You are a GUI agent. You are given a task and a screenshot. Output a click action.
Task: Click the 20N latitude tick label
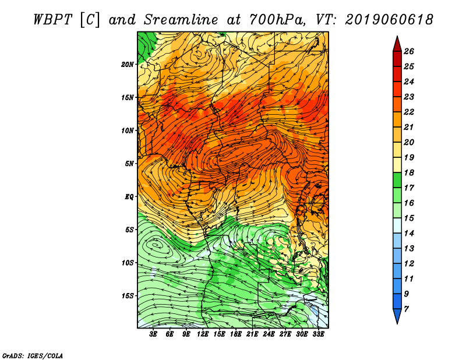[127, 65]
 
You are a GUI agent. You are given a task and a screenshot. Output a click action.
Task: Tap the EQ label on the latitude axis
[129, 197]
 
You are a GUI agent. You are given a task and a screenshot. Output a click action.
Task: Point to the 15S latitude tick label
[127, 296]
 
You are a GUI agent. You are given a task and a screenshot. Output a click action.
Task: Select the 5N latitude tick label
[129, 164]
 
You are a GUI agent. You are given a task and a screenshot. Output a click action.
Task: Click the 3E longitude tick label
[153, 334]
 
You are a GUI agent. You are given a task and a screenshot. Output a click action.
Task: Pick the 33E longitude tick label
[318, 334]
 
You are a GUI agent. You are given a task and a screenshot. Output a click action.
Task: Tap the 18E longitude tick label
[236, 334]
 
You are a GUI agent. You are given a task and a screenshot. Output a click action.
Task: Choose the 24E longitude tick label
[269, 334]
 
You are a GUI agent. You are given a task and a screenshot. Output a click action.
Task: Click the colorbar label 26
[409, 51]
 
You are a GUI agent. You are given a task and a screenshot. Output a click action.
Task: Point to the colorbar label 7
[406, 309]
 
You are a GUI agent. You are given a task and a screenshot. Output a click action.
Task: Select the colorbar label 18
[409, 172]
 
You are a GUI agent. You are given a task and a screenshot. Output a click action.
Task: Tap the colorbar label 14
[409, 234]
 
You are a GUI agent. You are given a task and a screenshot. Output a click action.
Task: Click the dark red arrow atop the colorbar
[397, 45]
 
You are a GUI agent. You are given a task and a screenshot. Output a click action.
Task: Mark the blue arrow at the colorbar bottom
[397, 315]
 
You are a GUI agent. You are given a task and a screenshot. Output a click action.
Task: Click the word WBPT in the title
[53, 20]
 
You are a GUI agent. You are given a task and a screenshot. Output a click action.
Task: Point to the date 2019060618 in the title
[389, 20]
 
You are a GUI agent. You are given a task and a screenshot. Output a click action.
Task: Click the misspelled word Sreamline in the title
[181, 20]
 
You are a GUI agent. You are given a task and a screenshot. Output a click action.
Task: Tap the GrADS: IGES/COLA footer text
[33, 356]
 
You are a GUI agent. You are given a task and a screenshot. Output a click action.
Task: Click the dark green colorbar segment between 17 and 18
[397, 180]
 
